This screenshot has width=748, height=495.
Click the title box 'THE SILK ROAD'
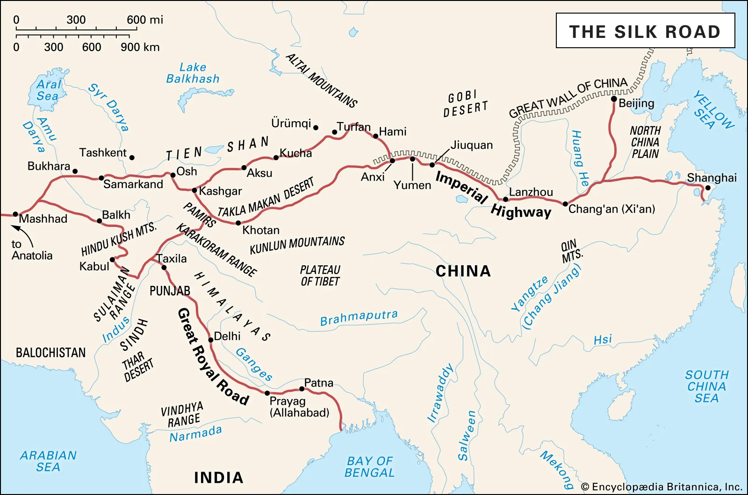point(645,31)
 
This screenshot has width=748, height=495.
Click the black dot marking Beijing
point(614,99)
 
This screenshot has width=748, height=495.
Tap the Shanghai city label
point(712,178)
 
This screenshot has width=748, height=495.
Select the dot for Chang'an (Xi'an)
point(565,204)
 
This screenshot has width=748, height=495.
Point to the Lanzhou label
point(531,192)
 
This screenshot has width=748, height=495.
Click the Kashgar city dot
point(195,190)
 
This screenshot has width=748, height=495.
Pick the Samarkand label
point(133,184)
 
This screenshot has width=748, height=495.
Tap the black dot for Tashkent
point(132,158)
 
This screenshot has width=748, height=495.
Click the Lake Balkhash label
point(193,73)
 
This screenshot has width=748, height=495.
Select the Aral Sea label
point(48,90)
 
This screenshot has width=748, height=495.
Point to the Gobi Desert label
point(465,103)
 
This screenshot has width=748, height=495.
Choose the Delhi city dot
point(211,340)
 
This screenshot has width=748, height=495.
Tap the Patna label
point(318,383)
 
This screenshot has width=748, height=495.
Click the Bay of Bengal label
point(369,467)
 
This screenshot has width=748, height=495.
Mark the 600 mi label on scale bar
point(145,20)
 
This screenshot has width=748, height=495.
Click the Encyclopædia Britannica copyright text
point(661,487)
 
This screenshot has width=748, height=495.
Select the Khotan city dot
point(238,223)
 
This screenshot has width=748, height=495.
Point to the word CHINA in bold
point(463,271)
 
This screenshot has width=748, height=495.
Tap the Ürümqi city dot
point(316,127)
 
